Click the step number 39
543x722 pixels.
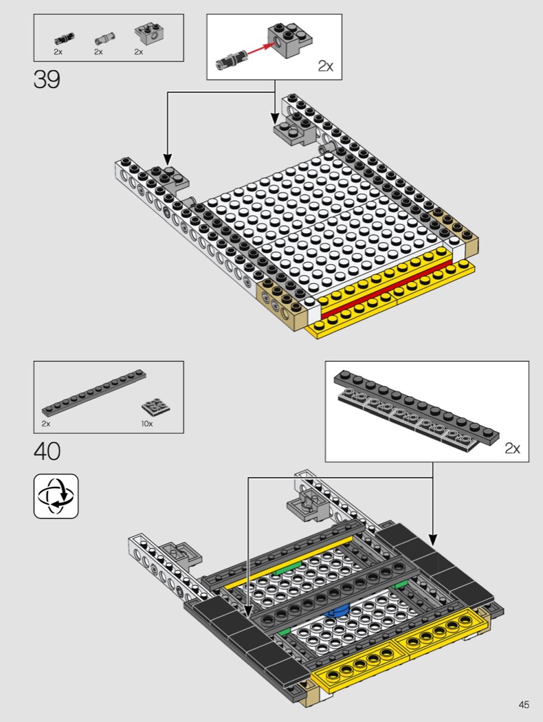(x=47, y=79)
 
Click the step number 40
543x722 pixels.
(x=47, y=451)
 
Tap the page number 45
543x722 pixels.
(x=524, y=705)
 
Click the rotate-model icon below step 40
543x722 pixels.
(x=56, y=496)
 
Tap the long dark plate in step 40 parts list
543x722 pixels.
(x=94, y=393)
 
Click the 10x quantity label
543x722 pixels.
(x=147, y=424)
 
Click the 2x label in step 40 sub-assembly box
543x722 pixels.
(x=512, y=448)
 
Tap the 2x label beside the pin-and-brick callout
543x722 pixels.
(x=325, y=66)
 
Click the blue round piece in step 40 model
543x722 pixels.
(x=337, y=611)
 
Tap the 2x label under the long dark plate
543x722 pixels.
(x=45, y=424)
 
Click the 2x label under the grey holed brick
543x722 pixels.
(x=139, y=52)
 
